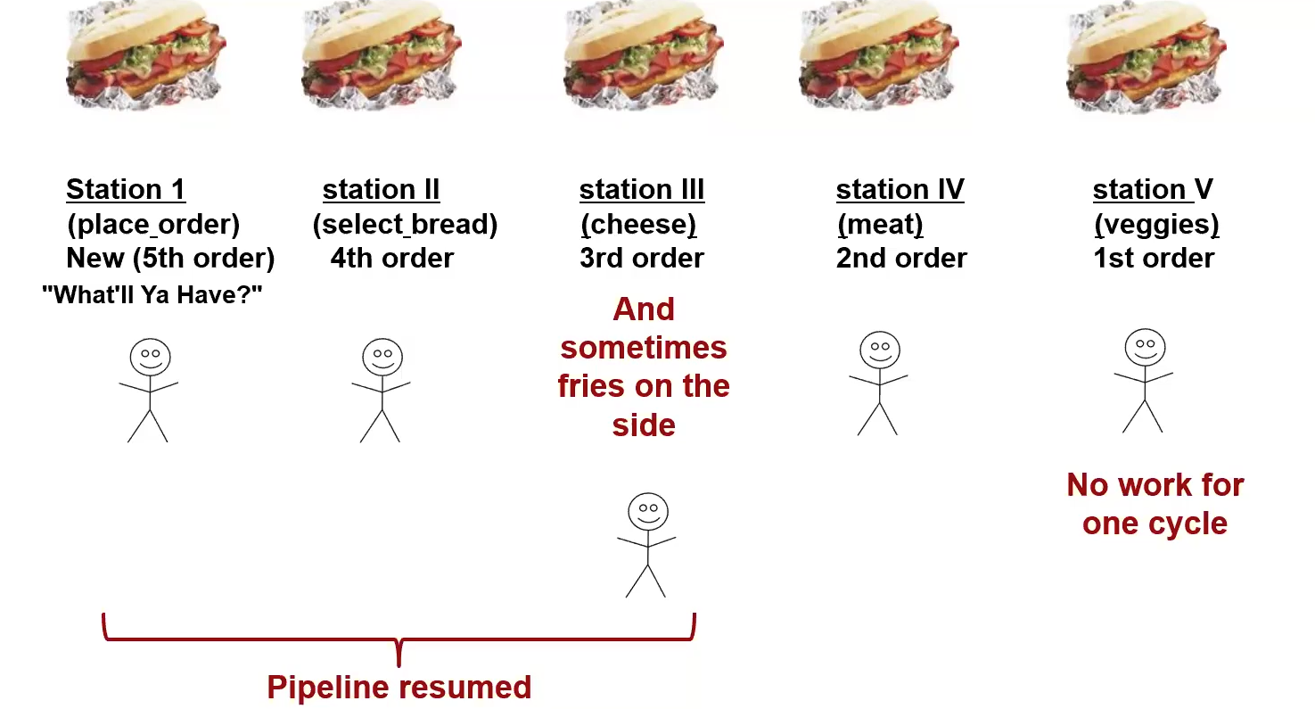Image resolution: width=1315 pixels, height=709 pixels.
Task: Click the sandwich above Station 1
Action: click(146, 57)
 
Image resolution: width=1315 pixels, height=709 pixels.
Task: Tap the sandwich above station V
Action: click(1147, 57)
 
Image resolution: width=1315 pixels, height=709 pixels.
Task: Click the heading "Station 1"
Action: click(126, 189)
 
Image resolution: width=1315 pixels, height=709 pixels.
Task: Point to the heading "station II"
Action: click(381, 189)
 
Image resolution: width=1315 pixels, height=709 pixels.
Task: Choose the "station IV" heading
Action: click(900, 189)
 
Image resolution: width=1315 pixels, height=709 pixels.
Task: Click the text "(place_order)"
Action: click(152, 224)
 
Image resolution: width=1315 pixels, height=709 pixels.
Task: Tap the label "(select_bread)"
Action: click(405, 224)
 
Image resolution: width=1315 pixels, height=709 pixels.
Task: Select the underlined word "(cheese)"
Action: click(637, 224)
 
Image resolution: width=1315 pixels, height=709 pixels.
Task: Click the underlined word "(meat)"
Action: click(880, 224)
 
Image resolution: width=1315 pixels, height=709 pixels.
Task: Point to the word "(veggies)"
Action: click(1155, 224)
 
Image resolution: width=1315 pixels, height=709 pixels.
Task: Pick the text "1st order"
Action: click(1154, 259)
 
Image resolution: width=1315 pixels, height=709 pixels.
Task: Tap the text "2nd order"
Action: click(901, 259)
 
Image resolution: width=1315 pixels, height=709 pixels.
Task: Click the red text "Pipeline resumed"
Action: click(399, 688)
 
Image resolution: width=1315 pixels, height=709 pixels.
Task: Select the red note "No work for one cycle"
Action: click(1155, 504)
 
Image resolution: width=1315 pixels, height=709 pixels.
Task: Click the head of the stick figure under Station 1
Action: click(150, 357)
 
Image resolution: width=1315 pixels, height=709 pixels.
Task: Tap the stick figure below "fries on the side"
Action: click(646, 545)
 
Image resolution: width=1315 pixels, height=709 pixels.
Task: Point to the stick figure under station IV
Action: click(879, 383)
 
